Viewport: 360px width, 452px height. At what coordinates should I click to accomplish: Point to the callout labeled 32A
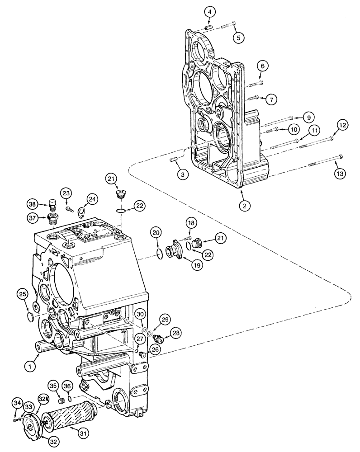pyautogui.click(x=43, y=400)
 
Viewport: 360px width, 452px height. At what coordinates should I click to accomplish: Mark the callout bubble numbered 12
pyautogui.click(x=342, y=125)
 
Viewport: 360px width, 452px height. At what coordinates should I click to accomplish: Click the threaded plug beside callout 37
pyautogui.click(x=52, y=220)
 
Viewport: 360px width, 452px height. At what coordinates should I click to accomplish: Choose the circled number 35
pyautogui.click(x=53, y=386)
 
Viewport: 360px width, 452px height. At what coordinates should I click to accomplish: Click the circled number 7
pyautogui.click(x=270, y=98)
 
